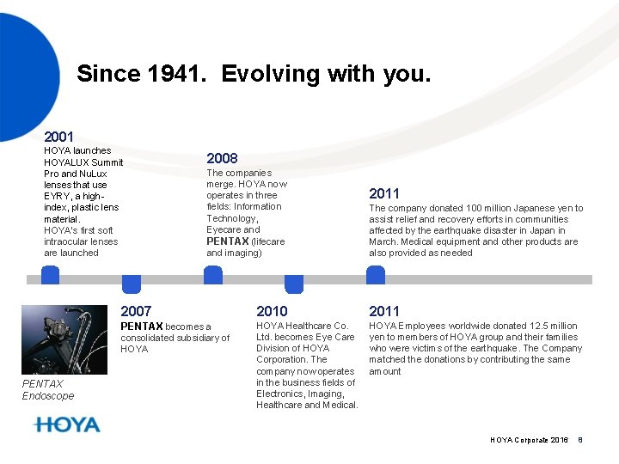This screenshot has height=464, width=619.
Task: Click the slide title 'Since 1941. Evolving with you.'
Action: [x=254, y=74]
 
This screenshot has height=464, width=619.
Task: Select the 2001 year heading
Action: [x=58, y=136]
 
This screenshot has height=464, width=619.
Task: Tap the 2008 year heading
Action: [x=222, y=158]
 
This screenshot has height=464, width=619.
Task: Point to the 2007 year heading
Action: [x=136, y=311]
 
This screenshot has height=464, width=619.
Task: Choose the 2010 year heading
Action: [x=272, y=311]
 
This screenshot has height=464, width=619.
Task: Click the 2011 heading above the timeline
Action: [x=384, y=194]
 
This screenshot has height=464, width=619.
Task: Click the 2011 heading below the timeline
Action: [x=384, y=311]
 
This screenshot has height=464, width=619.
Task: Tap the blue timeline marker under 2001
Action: [x=51, y=275]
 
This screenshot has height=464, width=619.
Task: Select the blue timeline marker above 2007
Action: [x=132, y=284]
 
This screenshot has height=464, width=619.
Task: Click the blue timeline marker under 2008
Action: [x=212, y=275]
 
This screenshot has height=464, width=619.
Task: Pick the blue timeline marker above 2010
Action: [x=294, y=284]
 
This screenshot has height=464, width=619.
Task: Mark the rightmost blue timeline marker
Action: [x=376, y=275]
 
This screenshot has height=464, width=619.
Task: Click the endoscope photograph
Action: [x=64, y=339]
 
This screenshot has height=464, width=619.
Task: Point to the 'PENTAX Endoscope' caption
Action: [x=48, y=390]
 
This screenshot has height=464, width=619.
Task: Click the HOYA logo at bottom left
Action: [x=67, y=424]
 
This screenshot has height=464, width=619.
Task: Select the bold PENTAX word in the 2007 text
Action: [x=141, y=327]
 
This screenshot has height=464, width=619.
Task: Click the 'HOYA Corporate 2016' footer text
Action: [x=529, y=440]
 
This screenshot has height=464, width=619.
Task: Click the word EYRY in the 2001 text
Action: [x=57, y=196]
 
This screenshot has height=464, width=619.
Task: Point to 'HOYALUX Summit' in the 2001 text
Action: [x=83, y=162]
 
